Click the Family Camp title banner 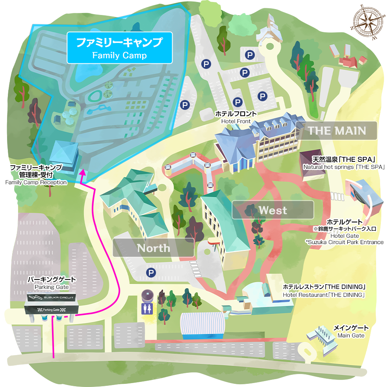tap(119, 48)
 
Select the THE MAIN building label tap(337, 131)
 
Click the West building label tap(273, 210)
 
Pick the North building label tap(154, 248)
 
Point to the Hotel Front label tap(236, 117)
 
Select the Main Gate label tap(351, 331)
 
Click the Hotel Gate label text tap(345, 232)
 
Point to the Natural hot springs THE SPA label tap(343, 163)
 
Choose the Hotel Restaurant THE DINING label tap(325, 291)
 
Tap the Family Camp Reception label tap(36, 175)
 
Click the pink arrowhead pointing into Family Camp tap(82, 172)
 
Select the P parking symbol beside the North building tap(150, 272)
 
